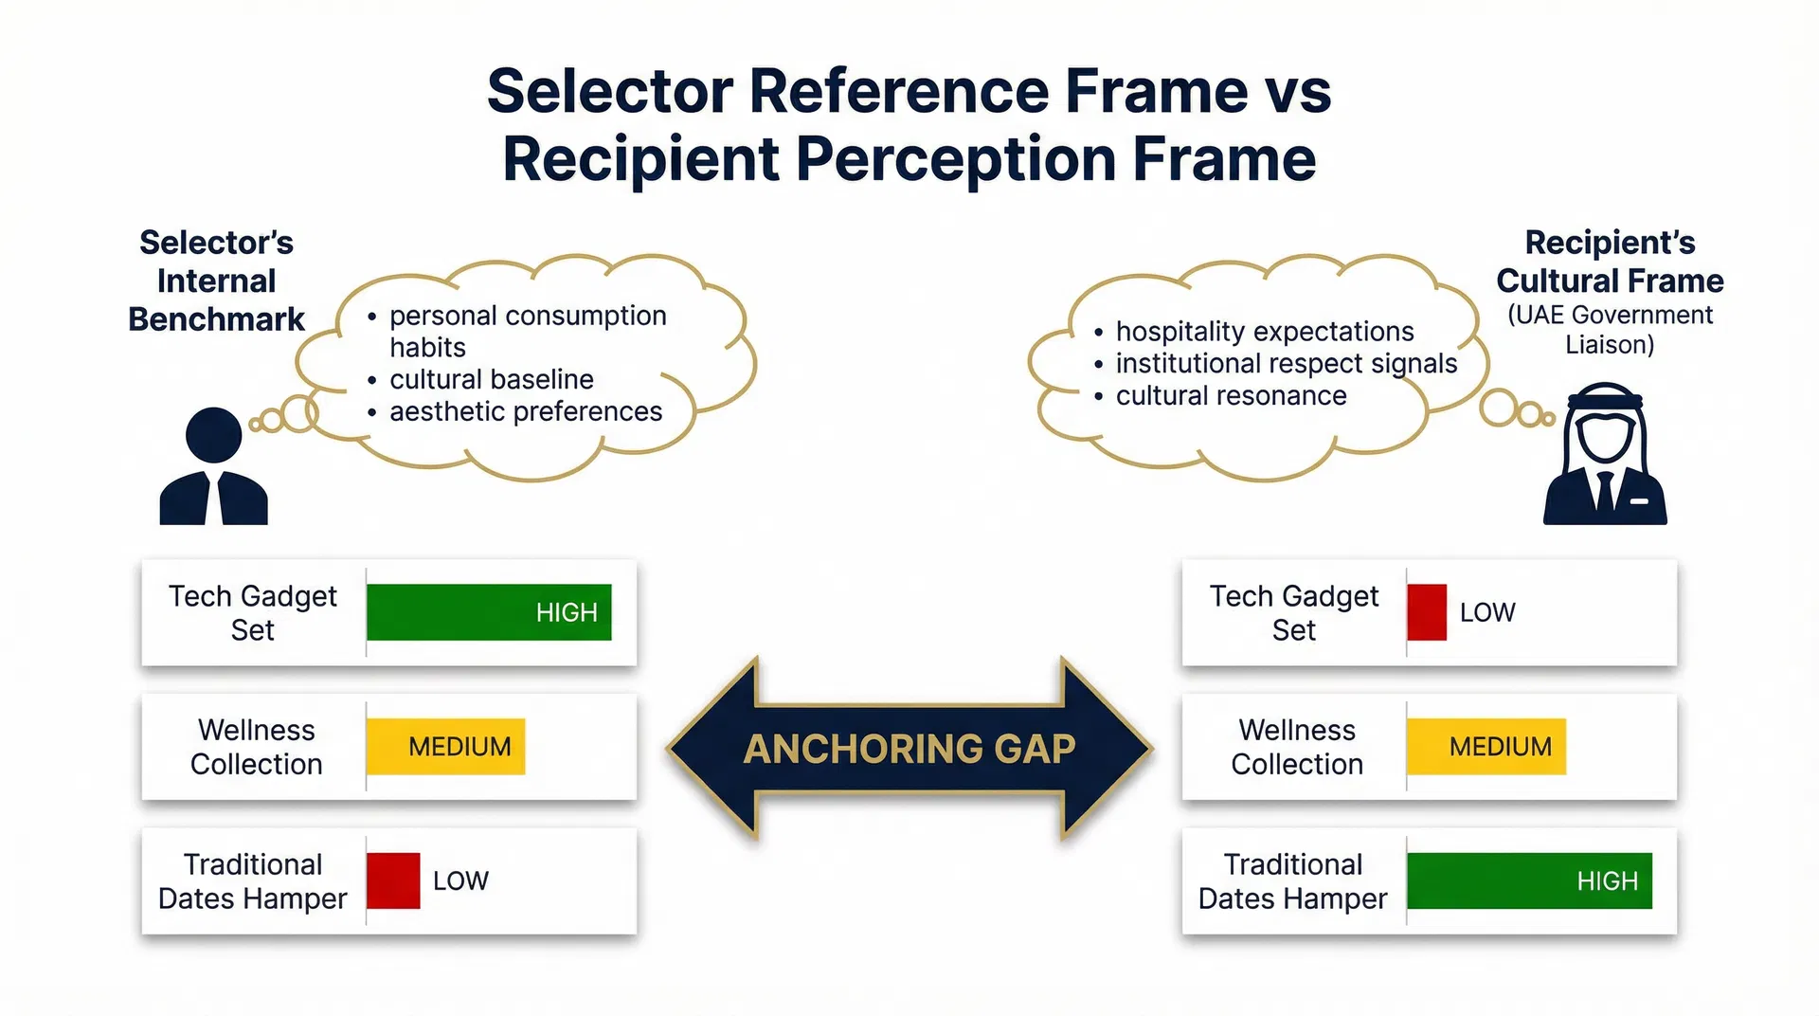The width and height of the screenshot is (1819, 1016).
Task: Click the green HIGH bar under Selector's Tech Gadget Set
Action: [x=489, y=612]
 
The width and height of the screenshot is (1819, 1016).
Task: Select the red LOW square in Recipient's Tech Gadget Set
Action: [x=1426, y=612]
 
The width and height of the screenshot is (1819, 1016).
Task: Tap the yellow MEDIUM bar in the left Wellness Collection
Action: [x=445, y=747]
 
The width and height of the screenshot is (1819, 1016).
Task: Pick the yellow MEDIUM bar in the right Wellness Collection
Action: [x=1486, y=747]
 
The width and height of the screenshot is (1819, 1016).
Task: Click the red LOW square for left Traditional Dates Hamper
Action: [x=393, y=880]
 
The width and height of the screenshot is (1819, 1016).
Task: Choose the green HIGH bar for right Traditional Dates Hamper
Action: [x=1529, y=880]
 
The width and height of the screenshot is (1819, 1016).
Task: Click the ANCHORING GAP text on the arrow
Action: [x=909, y=749]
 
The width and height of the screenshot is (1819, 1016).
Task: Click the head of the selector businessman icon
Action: [x=213, y=436]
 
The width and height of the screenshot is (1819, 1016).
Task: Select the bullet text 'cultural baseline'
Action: [x=491, y=379]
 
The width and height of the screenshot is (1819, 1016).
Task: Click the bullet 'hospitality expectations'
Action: [x=1264, y=332]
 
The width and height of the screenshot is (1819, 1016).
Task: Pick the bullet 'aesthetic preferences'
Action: [x=525, y=411]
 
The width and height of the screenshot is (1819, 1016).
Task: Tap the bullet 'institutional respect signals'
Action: [x=1286, y=364]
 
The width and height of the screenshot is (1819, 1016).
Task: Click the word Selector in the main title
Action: [x=609, y=91]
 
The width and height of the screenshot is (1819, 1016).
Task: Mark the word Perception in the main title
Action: [x=957, y=158]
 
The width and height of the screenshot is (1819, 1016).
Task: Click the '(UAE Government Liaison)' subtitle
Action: [x=1610, y=329]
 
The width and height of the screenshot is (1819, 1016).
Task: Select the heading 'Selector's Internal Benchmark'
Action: [x=216, y=281]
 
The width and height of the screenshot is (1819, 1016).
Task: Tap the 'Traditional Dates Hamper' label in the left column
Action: [x=252, y=881]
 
